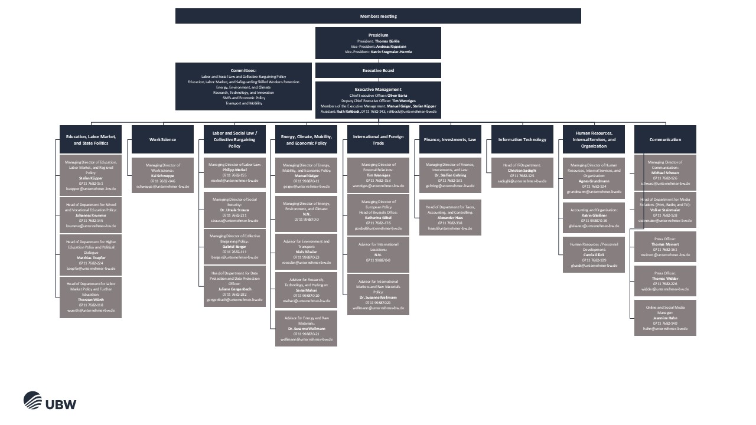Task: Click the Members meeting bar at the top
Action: click(x=378, y=16)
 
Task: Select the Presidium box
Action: click(x=378, y=43)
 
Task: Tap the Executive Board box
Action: click(x=378, y=70)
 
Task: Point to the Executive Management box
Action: click(x=378, y=100)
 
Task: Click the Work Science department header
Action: click(x=162, y=139)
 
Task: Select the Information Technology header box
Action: click(x=522, y=139)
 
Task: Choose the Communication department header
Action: click(x=665, y=139)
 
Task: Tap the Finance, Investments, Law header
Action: click(x=450, y=139)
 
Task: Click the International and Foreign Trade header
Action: click(x=378, y=139)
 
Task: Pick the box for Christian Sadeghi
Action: click(x=522, y=172)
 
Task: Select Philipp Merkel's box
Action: click(x=234, y=172)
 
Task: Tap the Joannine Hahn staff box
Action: click(x=665, y=318)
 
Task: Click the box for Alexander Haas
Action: click(x=450, y=217)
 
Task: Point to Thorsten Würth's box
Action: click(x=90, y=297)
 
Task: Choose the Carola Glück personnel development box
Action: click(x=594, y=254)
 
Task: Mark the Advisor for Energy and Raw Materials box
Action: click(x=306, y=328)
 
